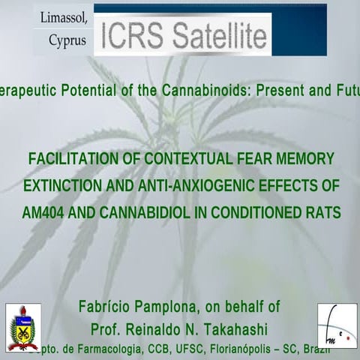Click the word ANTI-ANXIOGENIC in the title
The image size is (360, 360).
[202, 185]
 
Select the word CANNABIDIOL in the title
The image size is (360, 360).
[143, 212]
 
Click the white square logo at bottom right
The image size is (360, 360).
[337, 325]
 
